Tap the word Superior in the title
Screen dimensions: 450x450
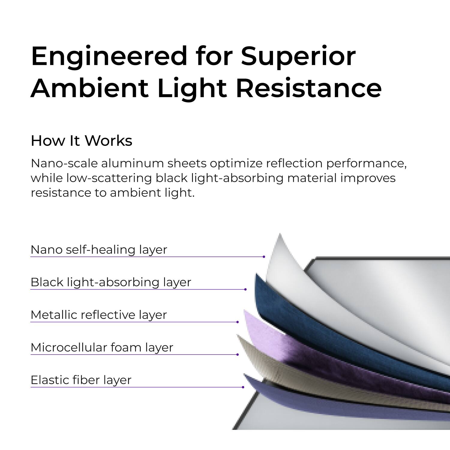pyautogui.click(x=298, y=56)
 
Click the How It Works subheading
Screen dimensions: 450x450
pyautogui.click(x=81, y=141)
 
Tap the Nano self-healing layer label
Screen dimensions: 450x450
pyautogui.click(x=99, y=250)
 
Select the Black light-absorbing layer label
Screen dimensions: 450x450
pyautogui.click(x=111, y=282)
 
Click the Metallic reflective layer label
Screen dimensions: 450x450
pyautogui.click(x=98, y=315)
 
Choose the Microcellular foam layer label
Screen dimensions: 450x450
pyautogui.click(x=102, y=348)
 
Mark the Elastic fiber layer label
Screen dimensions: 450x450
pyautogui.click(x=81, y=380)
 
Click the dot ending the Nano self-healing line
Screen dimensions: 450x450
pyautogui.click(x=264, y=257)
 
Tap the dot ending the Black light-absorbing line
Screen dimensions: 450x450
pyautogui.click(x=245, y=289)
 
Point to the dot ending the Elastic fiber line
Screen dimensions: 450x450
pyautogui.click(x=243, y=387)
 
